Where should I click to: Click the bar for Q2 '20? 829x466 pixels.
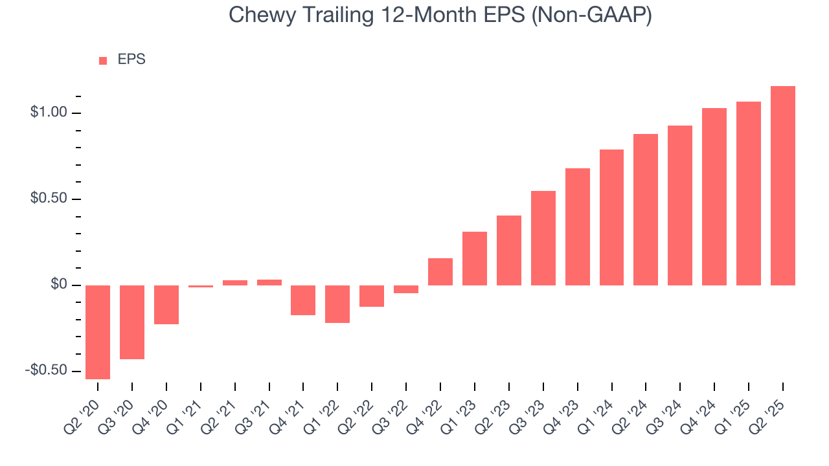click(98, 332)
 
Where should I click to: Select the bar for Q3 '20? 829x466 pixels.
click(132, 322)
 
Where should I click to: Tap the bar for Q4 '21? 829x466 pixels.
click(303, 300)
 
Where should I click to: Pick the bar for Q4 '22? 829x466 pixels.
click(440, 272)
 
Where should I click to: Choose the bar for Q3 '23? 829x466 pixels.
click(543, 238)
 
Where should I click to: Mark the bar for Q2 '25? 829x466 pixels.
click(783, 186)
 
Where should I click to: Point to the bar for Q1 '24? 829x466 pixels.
click(612, 217)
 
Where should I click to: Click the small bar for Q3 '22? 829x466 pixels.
click(406, 289)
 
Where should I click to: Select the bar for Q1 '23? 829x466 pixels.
click(475, 258)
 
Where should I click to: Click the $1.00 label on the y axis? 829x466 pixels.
click(49, 113)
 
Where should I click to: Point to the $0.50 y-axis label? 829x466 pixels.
click(49, 199)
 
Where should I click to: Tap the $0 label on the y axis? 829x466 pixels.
click(58, 285)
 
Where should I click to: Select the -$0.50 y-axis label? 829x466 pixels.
click(46, 371)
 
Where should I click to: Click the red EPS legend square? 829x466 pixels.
click(103, 60)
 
